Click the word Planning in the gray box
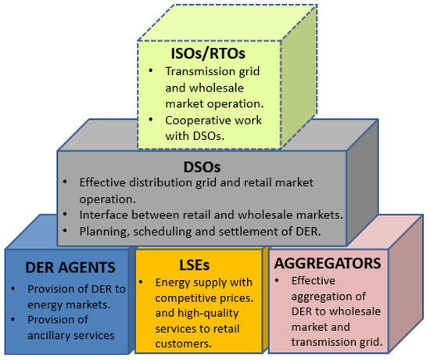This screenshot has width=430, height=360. pos(103,232)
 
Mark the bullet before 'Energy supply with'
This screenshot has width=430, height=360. pos(143,280)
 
